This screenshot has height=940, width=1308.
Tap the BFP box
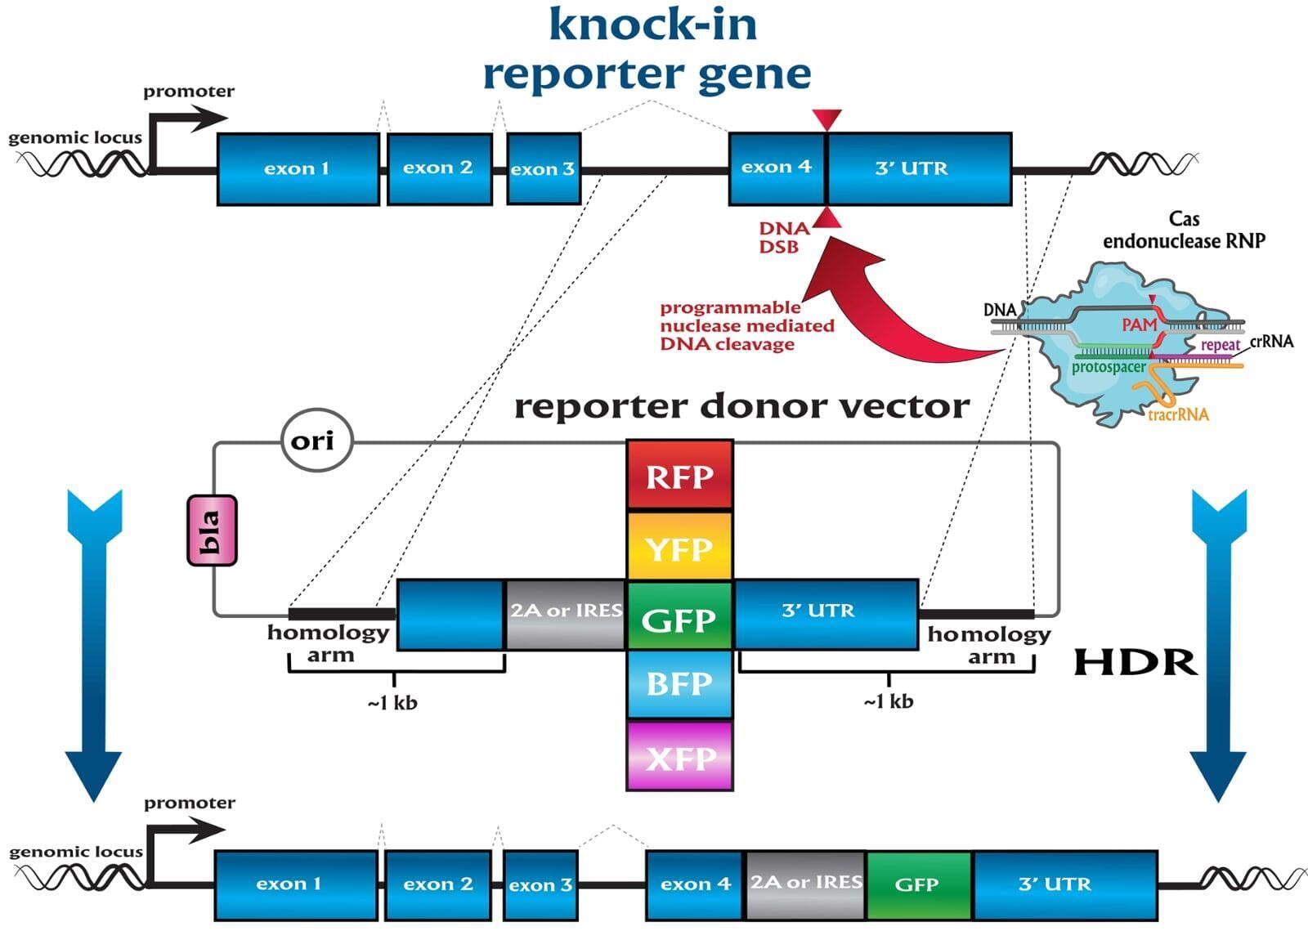pyautogui.click(x=679, y=683)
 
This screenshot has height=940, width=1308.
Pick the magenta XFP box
pyautogui.click(x=679, y=756)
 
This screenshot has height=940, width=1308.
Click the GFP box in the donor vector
pyautogui.click(x=679, y=615)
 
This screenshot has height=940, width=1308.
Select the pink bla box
pyautogui.click(x=212, y=530)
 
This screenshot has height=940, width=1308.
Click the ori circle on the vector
pyautogui.click(x=317, y=441)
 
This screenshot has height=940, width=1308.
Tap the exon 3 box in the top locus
pyautogui.click(x=544, y=168)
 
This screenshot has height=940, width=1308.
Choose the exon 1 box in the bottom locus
pyautogui.click(x=296, y=886)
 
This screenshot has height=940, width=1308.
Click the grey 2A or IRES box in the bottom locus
pyautogui.click(x=805, y=886)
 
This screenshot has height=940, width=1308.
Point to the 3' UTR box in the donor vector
pyautogui.click(x=826, y=614)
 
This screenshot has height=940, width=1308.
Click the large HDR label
pyautogui.click(x=1136, y=662)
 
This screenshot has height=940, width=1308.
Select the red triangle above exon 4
pyautogui.click(x=826, y=119)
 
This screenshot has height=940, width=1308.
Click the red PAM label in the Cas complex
pyautogui.click(x=1139, y=324)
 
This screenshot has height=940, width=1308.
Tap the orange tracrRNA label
pyautogui.click(x=1178, y=414)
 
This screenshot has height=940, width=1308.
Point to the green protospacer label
pyautogui.click(x=1109, y=367)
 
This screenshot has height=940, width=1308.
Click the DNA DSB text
pyautogui.click(x=784, y=238)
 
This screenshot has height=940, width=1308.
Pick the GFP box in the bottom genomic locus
pyautogui.click(x=919, y=886)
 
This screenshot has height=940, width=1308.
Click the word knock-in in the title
pyautogui.click(x=653, y=25)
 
